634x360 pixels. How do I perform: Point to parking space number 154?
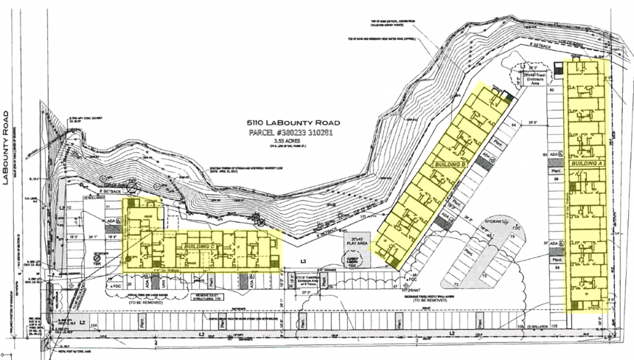click(x=95, y=325)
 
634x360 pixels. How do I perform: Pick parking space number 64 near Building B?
click(x=513, y=125)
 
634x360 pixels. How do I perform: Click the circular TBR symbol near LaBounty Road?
click(x=97, y=260)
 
